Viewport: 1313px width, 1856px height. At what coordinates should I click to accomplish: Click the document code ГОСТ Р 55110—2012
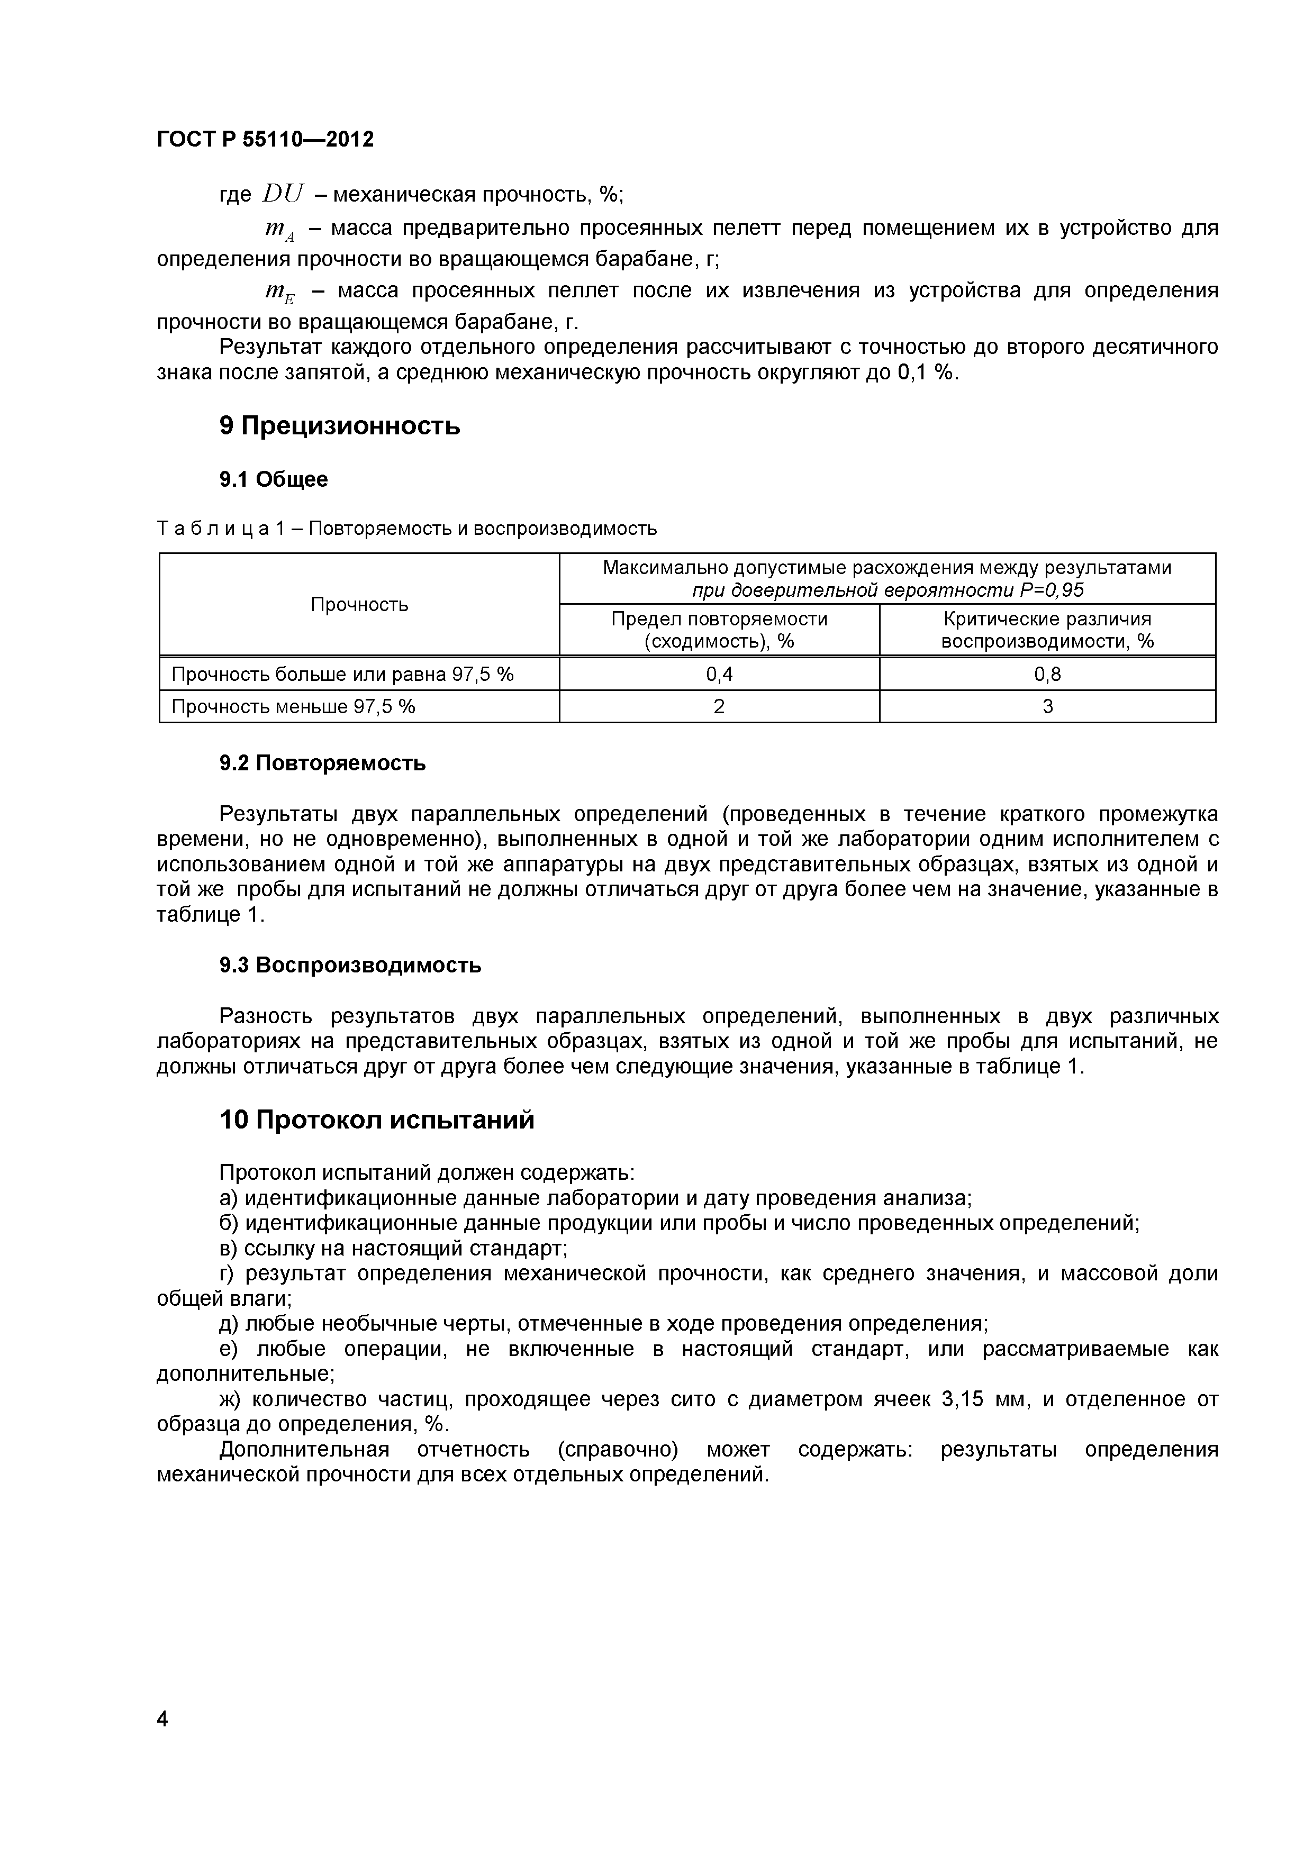[x=265, y=140]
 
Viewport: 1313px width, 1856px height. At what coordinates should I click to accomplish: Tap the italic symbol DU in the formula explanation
[x=283, y=194]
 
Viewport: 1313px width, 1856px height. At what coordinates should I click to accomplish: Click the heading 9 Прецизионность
[x=340, y=425]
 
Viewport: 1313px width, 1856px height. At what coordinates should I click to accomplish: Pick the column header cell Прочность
[x=359, y=605]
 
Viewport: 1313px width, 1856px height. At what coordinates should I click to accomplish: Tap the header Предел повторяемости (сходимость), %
[x=719, y=630]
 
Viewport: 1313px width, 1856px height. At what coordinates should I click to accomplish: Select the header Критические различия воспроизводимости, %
[x=1047, y=630]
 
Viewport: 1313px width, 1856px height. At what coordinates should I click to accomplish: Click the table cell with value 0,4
[x=719, y=674]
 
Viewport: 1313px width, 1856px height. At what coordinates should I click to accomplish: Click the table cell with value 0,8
[x=1047, y=674]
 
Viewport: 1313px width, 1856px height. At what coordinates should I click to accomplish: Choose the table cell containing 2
[x=719, y=706]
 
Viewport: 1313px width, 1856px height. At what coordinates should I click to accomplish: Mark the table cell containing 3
[x=1047, y=706]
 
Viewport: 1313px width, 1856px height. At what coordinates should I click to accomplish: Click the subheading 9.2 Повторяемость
[x=322, y=763]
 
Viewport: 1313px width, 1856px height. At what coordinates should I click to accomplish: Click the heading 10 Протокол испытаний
[x=377, y=1121]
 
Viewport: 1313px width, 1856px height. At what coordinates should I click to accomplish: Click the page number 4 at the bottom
[x=162, y=1719]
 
